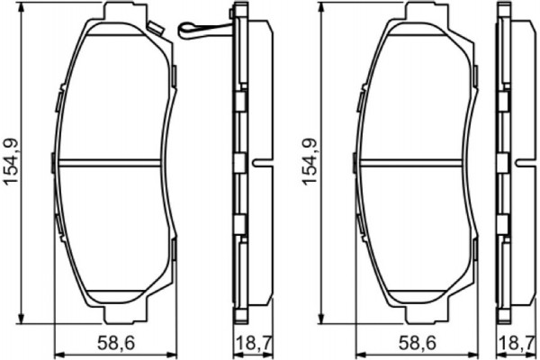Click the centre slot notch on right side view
point(524,165)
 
